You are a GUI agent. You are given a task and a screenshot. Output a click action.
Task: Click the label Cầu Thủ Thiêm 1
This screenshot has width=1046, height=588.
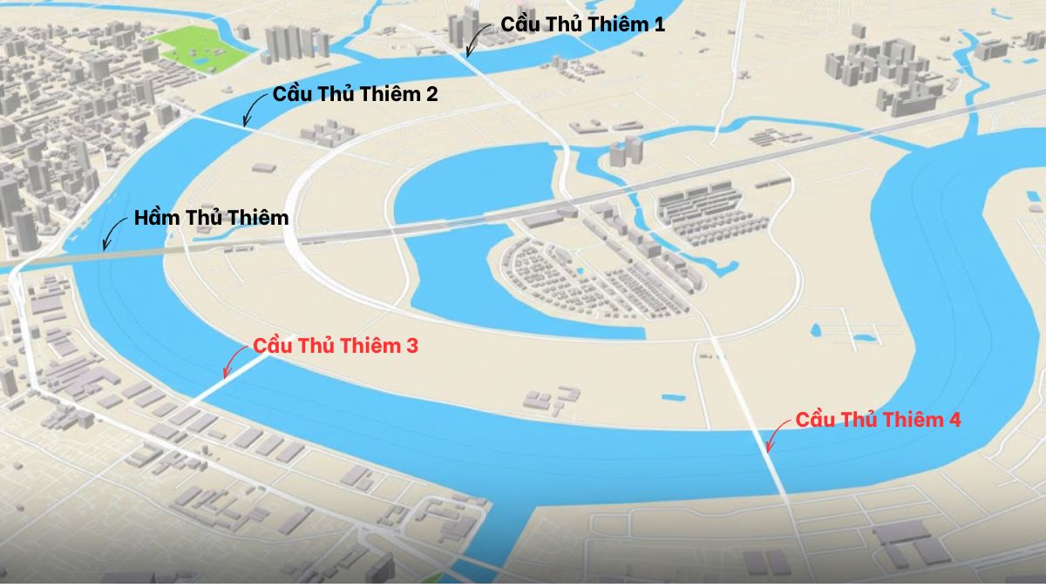(x=582, y=24)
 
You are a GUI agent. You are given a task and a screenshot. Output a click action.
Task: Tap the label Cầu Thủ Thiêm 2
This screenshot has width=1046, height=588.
(x=355, y=94)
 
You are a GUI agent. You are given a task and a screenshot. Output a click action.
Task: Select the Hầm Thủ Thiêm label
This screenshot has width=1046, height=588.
(x=211, y=218)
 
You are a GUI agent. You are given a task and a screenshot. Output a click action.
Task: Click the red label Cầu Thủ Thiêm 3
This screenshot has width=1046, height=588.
(x=336, y=346)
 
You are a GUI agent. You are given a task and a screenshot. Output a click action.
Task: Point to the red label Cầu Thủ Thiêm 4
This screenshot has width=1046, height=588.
(x=878, y=420)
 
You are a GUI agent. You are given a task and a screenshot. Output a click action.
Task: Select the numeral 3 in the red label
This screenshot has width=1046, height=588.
(x=411, y=346)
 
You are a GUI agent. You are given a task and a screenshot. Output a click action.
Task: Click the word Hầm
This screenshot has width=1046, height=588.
(x=158, y=218)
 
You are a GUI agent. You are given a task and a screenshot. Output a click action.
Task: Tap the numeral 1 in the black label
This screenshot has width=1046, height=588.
(x=658, y=24)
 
